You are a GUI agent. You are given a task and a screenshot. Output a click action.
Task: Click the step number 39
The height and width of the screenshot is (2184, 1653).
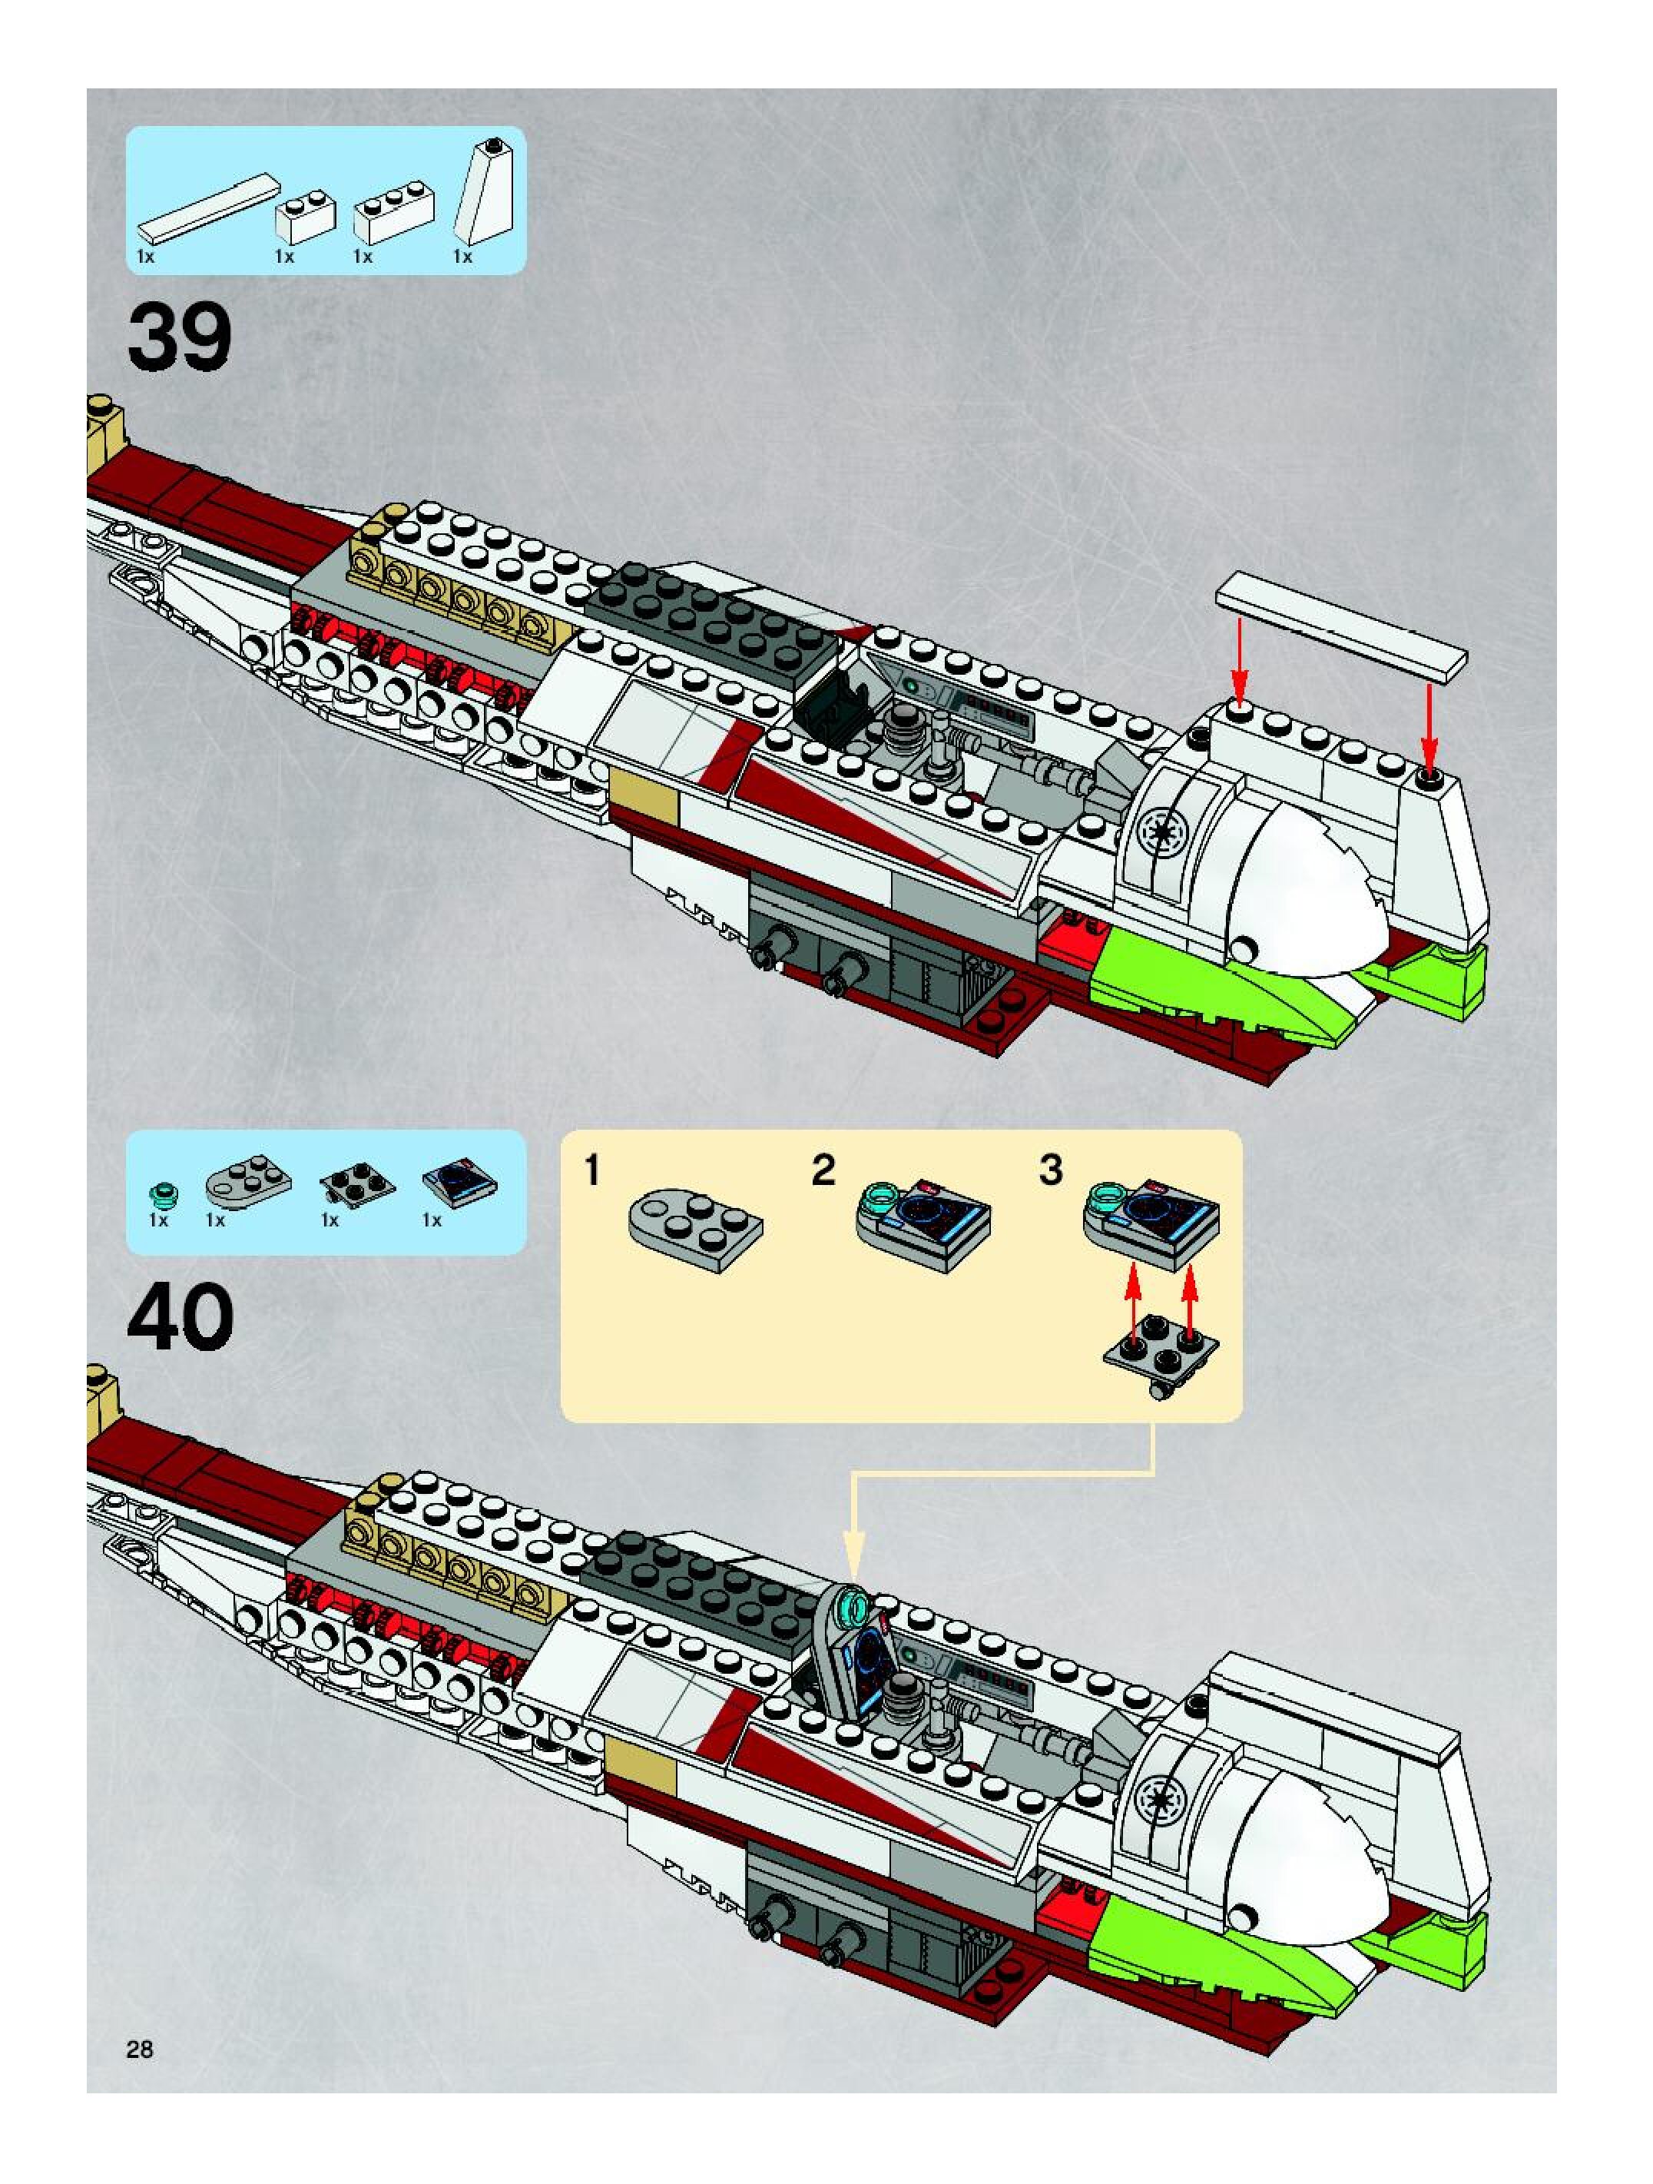[x=180, y=337]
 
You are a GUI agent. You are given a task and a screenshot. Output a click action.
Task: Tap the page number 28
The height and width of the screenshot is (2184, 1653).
[x=140, y=2049]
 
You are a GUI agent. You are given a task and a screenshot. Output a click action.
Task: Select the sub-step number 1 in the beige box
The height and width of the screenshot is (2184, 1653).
[x=592, y=1171]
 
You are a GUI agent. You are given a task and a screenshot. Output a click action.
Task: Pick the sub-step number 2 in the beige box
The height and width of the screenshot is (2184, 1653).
[x=823, y=1171]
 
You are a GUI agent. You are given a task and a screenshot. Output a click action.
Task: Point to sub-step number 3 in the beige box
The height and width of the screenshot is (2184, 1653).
[x=1051, y=1171]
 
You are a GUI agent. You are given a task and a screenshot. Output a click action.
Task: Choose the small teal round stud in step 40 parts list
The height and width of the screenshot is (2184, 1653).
[x=160, y=1197]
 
